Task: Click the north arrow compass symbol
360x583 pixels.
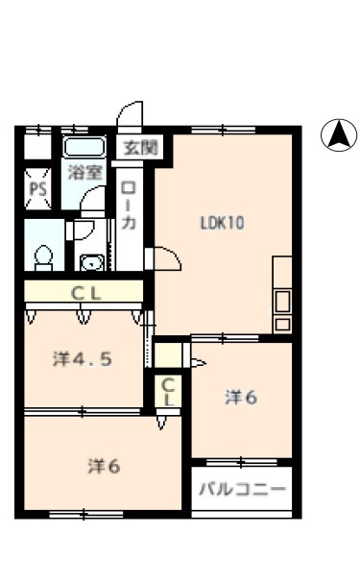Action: click(339, 135)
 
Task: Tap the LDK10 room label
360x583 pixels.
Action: click(222, 223)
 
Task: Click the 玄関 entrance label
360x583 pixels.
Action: click(141, 148)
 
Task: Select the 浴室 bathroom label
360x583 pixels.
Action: click(84, 172)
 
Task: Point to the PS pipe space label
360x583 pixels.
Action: click(37, 189)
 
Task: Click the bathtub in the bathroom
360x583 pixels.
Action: click(84, 147)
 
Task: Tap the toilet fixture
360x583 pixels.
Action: click(43, 257)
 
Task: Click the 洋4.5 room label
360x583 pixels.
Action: click(83, 359)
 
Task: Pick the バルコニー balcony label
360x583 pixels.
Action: click(243, 489)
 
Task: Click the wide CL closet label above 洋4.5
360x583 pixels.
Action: click(85, 294)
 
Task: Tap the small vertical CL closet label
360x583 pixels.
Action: click(168, 392)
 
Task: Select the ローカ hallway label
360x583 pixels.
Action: click(129, 206)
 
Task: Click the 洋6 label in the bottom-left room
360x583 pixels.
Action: click(104, 466)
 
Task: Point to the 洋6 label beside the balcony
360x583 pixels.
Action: click(241, 398)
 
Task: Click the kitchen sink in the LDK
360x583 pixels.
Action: click(282, 302)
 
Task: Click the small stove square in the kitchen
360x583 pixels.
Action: click(282, 325)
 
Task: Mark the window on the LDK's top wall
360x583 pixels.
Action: click(223, 130)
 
